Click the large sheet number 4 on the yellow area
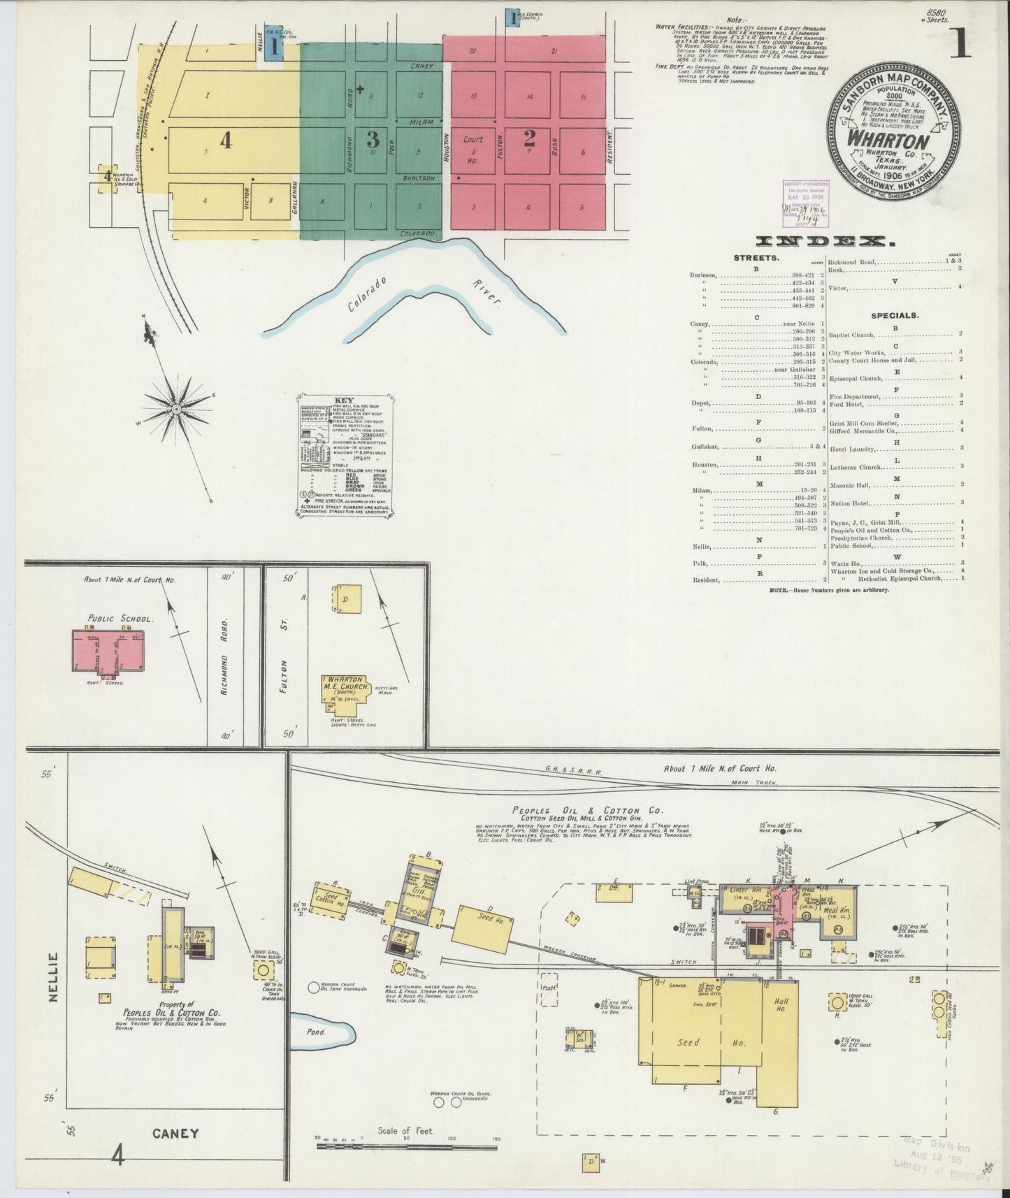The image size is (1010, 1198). tap(225, 141)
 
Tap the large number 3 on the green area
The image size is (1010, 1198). tap(373, 139)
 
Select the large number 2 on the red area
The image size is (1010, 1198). tap(530, 138)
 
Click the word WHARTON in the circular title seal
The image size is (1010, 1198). tap(888, 138)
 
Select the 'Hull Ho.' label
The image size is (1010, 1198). tap(781, 1004)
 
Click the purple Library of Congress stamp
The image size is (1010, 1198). tap(803, 203)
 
